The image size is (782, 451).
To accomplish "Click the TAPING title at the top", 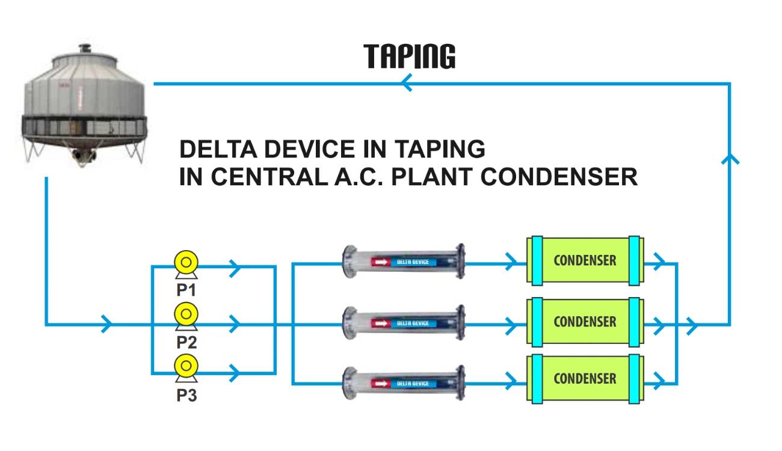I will click(x=409, y=56).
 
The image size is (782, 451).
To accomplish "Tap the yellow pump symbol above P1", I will click(x=186, y=263).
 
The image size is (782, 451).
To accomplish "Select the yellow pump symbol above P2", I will click(x=186, y=314).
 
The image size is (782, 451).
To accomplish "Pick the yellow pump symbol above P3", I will click(x=186, y=365).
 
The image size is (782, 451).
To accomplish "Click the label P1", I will click(x=186, y=290).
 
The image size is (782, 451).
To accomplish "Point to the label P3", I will click(x=186, y=396).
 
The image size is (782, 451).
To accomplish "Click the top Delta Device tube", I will click(x=404, y=262).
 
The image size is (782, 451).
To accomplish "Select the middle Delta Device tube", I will click(x=404, y=324).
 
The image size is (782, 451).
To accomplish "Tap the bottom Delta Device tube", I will click(x=404, y=383).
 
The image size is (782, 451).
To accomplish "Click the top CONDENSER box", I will click(x=585, y=260).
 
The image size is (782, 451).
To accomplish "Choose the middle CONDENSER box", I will click(x=585, y=321).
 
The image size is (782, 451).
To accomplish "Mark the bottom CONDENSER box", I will click(x=585, y=378).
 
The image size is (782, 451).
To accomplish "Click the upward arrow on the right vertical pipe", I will click(x=730, y=158).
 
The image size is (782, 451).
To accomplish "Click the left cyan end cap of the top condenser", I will click(x=537, y=260).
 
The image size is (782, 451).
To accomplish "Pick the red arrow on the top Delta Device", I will click(x=381, y=262).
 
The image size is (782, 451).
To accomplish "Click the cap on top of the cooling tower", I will click(x=84, y=48).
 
